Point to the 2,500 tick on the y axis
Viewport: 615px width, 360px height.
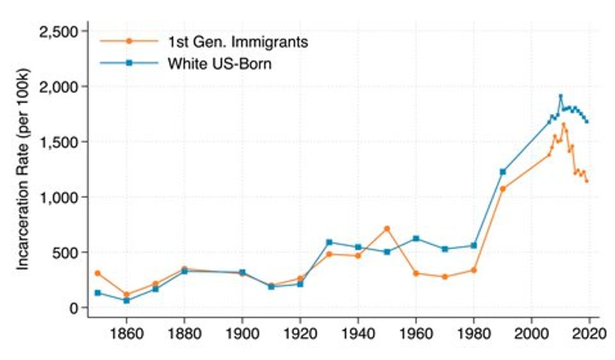pyautogui.click(x=58, y=31)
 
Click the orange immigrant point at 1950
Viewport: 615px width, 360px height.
pyautogui.click(x=387, y=228)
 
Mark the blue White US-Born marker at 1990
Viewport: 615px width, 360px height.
pyautogui.click(x=503, y=172)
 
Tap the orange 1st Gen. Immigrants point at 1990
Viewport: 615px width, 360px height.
pyautogui.click(x=503, y=189)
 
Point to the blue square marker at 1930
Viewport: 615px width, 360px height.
pyautogui.click(x=329, y=242)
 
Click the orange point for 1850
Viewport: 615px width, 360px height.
pyautogui.click(x=97, y=273)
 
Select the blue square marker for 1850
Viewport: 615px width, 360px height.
pyautogui.click(x=97, y=293)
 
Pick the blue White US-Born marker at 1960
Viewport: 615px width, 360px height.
pyautogui.click(x=416, y=238)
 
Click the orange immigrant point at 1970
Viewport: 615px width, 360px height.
pyautogui.click(x=445, y=277)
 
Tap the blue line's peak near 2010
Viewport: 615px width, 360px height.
pyautogui.click(x=561, y=97)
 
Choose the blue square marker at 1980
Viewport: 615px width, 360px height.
pyautogui.click(x=474, y=245)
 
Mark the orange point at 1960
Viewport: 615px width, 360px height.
pyautogui.click(x=416, y=274)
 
